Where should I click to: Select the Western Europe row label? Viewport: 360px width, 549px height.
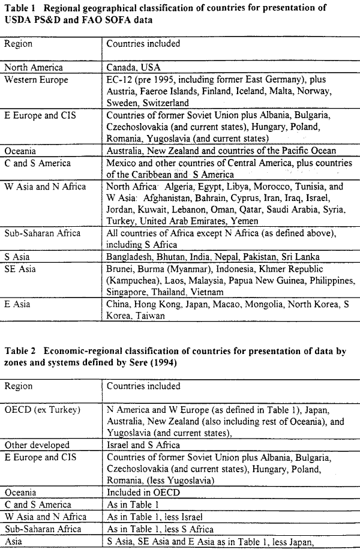point(36,79)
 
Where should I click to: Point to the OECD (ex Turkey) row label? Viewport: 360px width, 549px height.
point(40,410)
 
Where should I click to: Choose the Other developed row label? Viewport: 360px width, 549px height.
point(37,446)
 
